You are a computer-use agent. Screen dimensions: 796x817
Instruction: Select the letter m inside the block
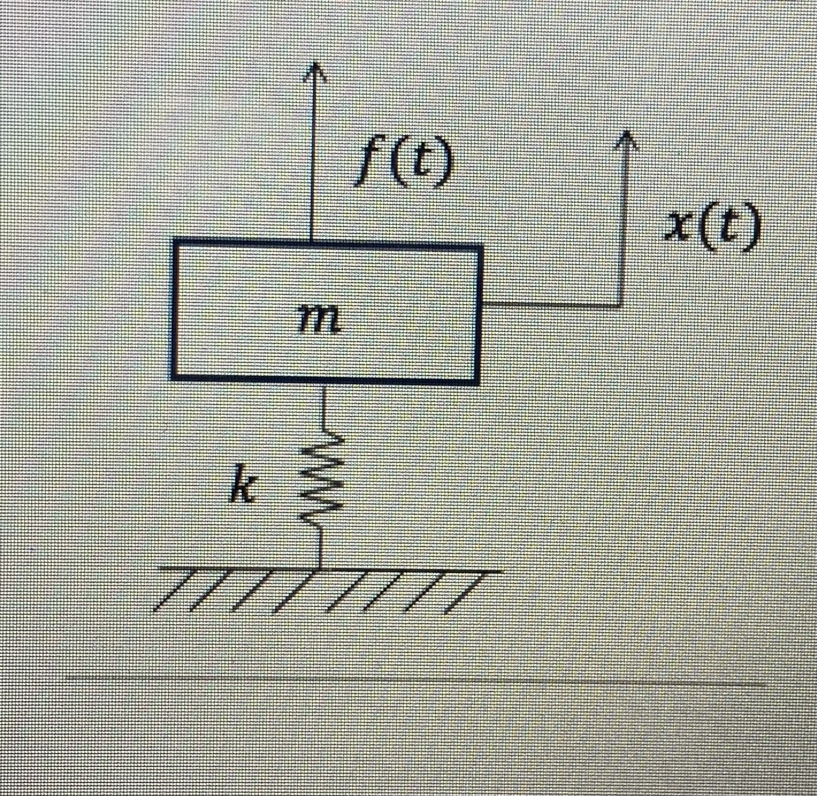pyautogui.click(x=318, y=321)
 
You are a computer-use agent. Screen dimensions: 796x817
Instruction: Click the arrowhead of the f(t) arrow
pyautogui.click(x=313, y=69)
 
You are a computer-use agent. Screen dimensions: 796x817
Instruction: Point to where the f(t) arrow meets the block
pyautogui.click(x=312, y=242)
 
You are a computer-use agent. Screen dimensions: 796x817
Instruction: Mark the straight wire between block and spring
pyautogui.click(x=323, y=409)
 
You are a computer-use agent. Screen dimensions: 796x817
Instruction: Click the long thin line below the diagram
pyautogui.click(x=412, y=681)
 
